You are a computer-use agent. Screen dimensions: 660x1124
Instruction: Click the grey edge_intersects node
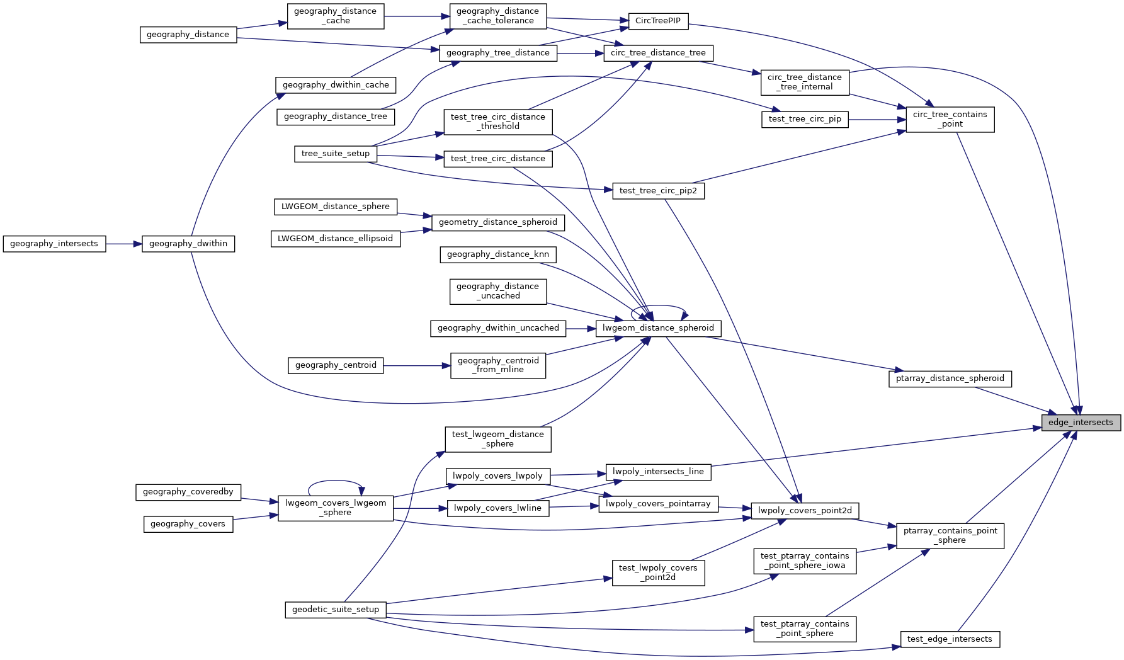pos(1081,423)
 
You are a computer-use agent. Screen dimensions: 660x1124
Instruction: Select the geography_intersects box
pos(54,244)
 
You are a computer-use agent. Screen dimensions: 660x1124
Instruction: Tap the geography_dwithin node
pos(188,244)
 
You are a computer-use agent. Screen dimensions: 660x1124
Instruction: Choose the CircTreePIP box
pos(658,21)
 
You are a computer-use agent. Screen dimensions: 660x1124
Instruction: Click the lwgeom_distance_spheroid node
pos(658,328)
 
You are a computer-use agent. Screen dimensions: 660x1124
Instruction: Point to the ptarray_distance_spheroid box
pos(950,378)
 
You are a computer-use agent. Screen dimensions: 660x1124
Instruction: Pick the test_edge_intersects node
pos(950,639)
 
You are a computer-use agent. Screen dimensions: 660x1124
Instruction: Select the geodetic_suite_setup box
pos(336,610)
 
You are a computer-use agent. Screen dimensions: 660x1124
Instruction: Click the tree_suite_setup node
pos(336,154)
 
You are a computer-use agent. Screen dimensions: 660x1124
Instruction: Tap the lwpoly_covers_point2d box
pos(805,511)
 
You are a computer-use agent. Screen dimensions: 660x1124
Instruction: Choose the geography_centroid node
pos(336,365)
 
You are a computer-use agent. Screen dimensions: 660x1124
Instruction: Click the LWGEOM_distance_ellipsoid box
pos(336,239)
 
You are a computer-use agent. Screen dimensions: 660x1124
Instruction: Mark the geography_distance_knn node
pos(498,254)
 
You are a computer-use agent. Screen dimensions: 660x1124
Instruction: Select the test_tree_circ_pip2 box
pos(658,191)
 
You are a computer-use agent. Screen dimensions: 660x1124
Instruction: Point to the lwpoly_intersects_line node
pos(658,472)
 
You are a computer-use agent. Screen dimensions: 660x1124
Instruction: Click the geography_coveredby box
pos(188,492)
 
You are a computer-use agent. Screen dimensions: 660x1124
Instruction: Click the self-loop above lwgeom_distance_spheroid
pos(658,307)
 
